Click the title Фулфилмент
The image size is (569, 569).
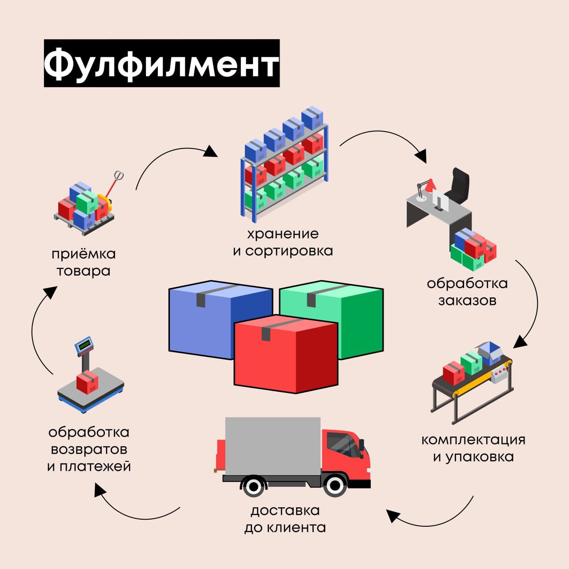click(x=161, y=63)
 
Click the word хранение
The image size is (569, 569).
click(x=283, y=233)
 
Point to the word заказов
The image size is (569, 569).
click(x=467, y=301)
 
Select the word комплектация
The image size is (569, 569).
click(x=473, y=440)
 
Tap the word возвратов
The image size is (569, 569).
click(x=89, y=449)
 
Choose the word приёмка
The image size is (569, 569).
click(x=84, y=254)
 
